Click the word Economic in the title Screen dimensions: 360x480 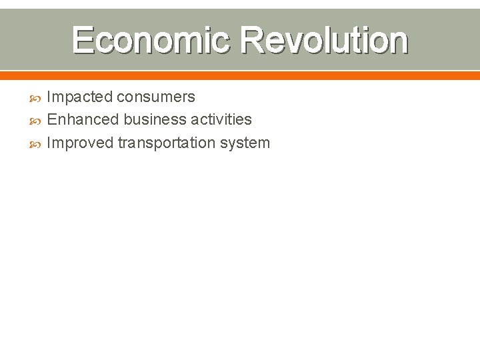point(152,40)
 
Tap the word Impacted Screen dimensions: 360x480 point(80,97)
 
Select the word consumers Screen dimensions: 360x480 point(156,97)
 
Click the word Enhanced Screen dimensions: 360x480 point(83,120)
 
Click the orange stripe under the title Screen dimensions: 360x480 point(240,75)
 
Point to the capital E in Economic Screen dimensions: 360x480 point(83,40)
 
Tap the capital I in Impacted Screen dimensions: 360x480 point(49,97)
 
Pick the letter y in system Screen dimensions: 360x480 point(237,144)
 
